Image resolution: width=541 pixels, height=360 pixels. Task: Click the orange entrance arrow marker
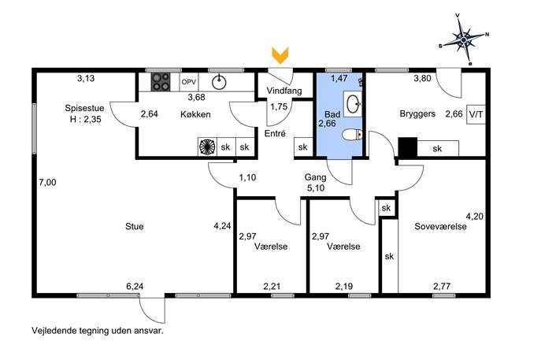click(x=280, y=55)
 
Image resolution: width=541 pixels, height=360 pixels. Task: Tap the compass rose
click(x=464, y=39)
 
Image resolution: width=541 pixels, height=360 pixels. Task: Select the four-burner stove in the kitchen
click(x=161, y=82)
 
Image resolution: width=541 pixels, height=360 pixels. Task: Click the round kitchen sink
click(x=219, y=82)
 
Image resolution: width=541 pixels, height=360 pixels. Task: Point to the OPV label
click(x=189, y=82)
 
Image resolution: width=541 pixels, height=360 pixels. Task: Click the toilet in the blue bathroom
click(x=352, y=134)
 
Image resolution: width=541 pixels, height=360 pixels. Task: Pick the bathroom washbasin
click(x=353, y=104)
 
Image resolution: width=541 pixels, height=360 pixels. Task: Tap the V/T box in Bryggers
click(x=476, y=114)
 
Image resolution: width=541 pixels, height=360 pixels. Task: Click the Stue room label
click(x=135, y=226)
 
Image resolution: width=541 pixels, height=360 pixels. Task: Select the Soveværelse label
click(x=441, y=226)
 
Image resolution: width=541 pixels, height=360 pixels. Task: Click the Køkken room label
click(x=195, y=114)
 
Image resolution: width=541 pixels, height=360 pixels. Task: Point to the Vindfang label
click(x=284, y=91)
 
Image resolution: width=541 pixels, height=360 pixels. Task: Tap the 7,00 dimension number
click(x=47, y=182)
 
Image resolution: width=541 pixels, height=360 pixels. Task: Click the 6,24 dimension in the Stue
click(x=135, y=286)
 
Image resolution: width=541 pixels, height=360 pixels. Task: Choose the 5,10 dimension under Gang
click(x=316, y=188)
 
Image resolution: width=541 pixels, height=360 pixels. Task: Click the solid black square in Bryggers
click(x=408, y=147)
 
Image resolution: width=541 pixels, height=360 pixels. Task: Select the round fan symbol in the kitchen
click(x=207, y=147)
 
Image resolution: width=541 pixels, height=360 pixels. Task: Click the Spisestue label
click(x=84, y=108)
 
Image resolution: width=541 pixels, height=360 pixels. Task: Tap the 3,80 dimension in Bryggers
click(x=422, y=78)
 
